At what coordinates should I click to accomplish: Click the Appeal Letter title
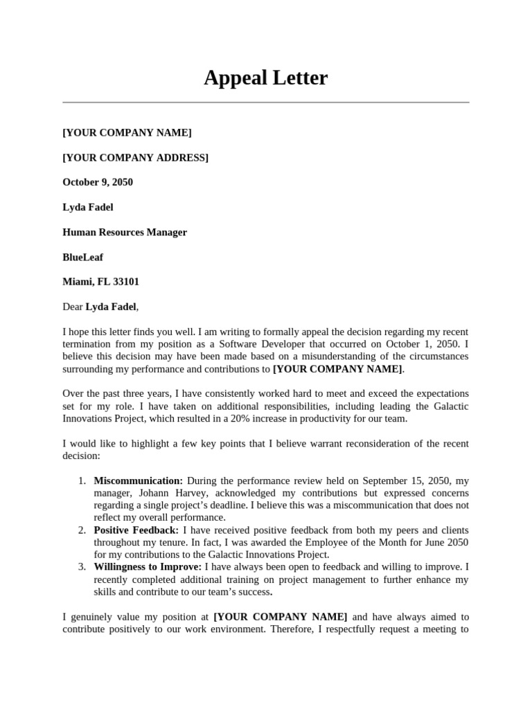265,78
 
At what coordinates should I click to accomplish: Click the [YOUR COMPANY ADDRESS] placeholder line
135,158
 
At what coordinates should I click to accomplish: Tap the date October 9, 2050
98,183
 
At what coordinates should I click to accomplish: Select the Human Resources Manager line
125,233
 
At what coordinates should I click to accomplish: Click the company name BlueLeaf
82,258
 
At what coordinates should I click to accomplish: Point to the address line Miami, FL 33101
100,282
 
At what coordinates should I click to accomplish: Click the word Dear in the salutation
73,307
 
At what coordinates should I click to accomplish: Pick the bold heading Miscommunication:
139,481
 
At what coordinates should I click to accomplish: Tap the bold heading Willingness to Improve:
148,567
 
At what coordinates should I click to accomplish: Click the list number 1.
82,481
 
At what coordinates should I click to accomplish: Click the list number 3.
82,567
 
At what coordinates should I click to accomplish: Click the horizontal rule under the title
265,102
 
